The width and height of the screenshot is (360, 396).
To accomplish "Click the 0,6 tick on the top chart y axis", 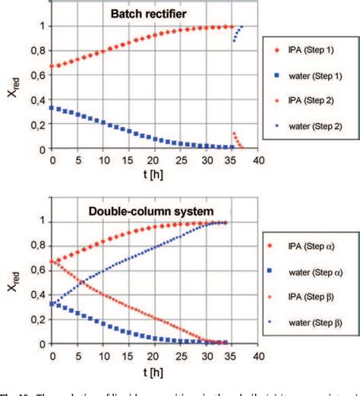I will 34,75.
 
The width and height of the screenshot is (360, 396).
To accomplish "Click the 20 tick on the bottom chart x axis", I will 154,355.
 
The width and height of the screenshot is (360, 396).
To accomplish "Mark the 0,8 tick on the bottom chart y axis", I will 34,246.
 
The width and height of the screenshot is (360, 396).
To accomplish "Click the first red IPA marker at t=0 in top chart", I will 52,67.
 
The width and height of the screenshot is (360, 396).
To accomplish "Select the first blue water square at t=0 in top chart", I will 52,108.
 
